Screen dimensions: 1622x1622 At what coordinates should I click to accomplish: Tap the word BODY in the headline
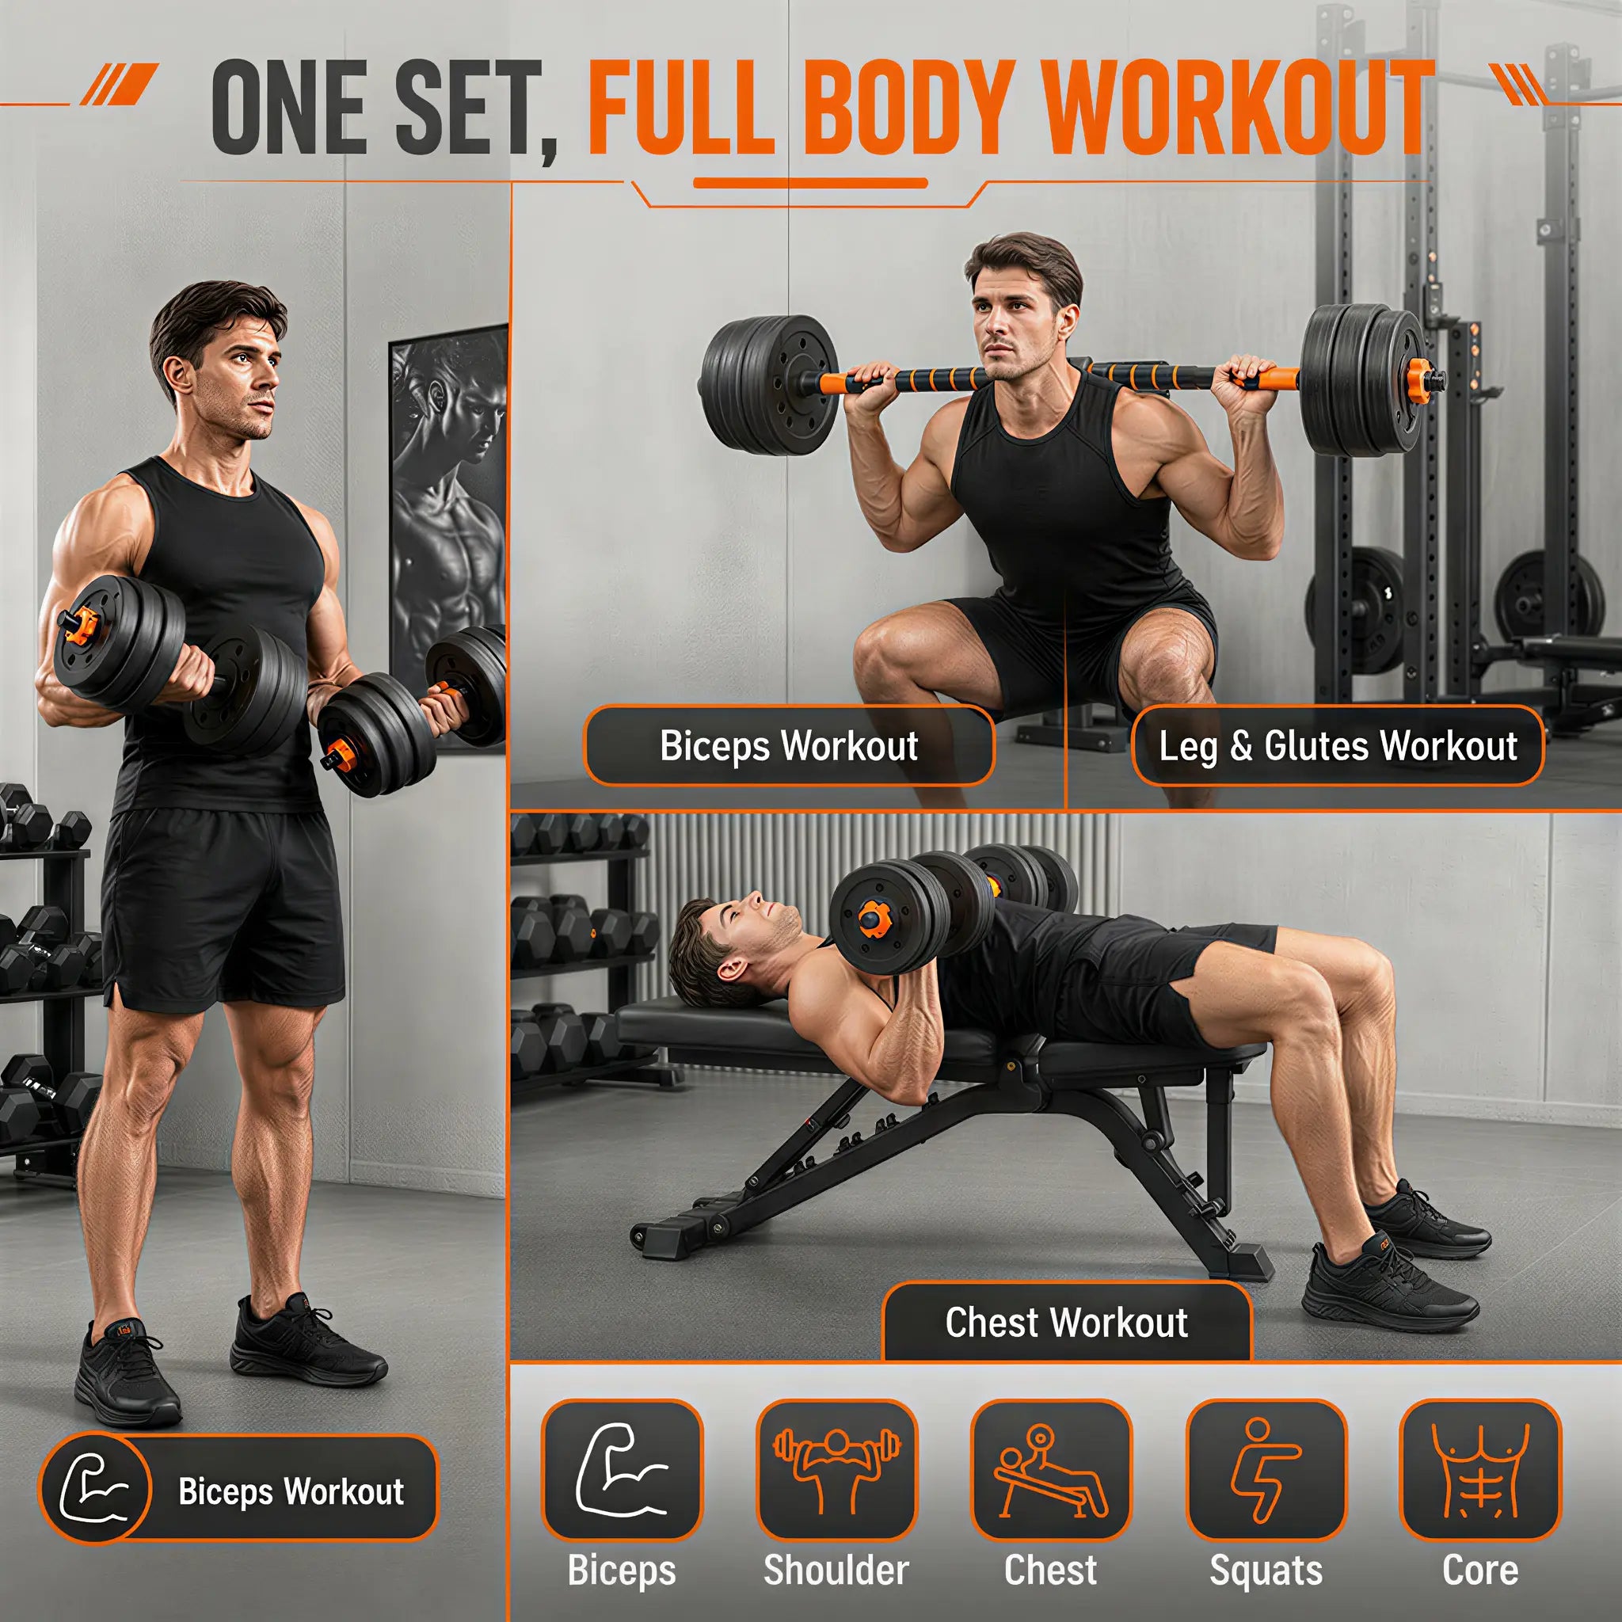point(911,108)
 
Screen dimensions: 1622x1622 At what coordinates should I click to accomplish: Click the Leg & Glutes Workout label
point(1338,745)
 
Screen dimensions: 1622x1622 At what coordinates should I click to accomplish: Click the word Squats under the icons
point(1266,1571)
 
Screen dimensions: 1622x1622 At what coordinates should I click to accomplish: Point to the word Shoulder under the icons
point(836,1570)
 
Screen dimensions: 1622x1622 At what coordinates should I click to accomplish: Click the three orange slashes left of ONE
point(120,85)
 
